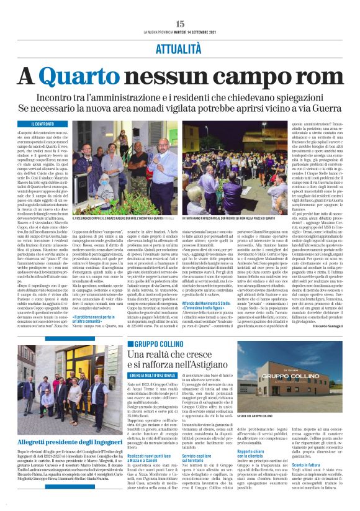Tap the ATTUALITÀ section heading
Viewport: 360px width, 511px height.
tap(180, 47)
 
